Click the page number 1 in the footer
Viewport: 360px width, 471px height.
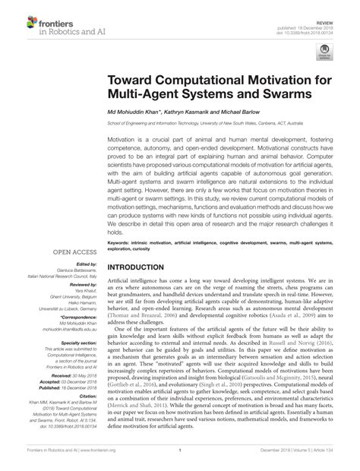180,450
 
